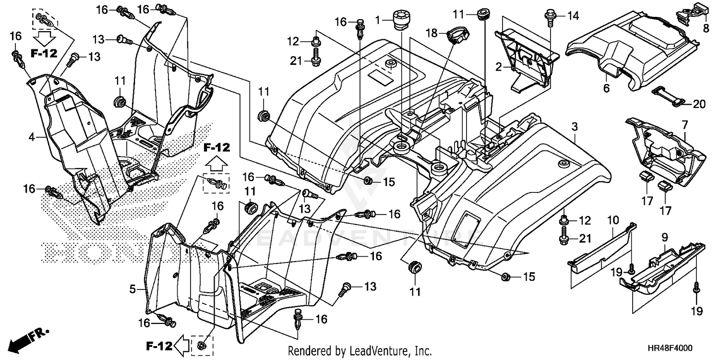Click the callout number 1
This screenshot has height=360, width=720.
click(x=378, y=20)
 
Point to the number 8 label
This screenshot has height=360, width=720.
click(x=706, y=28)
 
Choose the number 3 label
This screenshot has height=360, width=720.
click(x=575, y=127)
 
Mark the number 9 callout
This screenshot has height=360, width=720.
click(x=665, y=237)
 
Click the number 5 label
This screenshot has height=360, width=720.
click(x=132, y=289)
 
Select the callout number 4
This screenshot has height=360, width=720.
click(x=32, y=137)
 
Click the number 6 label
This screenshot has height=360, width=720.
click(x=606, y=88)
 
